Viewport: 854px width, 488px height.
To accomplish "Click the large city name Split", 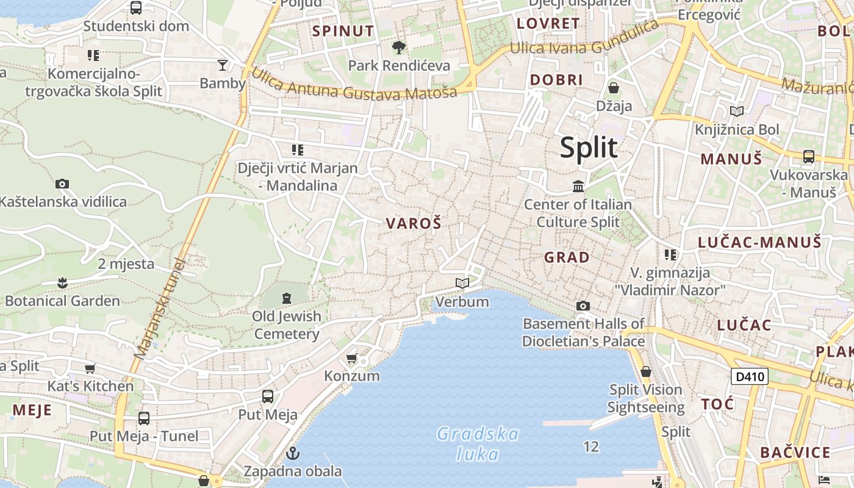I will coord(589,148).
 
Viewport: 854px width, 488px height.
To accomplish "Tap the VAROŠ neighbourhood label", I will coord(413,224).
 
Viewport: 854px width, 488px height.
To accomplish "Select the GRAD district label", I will coord(567,257).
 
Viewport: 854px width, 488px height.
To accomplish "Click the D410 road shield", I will coord(750,376).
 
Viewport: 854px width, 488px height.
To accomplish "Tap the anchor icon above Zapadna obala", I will coord(293,453).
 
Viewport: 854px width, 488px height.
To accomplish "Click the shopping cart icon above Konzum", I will coord(351,358).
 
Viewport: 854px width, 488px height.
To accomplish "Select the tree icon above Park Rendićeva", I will coord(399,47).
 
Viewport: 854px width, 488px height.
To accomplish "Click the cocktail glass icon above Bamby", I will coord(223,65).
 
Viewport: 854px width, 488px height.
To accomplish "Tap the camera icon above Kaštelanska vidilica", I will coord(62,184).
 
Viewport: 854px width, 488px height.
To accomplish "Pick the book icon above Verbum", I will coord(462,283).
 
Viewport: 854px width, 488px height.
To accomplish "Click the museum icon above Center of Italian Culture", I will coord(578,185).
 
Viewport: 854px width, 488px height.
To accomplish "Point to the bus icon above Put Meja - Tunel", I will coord(144,418).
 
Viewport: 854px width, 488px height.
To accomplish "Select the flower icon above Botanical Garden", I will coord(62,282).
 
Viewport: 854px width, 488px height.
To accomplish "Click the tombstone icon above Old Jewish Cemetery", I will coord(287,298).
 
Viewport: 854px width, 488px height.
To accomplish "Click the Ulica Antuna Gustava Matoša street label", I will coord(353,85).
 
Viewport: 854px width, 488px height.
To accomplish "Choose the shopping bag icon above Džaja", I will coord(614,88).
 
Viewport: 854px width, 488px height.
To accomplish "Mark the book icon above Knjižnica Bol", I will coord(737,111).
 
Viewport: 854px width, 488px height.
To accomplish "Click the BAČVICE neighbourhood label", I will coord(795,453).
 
